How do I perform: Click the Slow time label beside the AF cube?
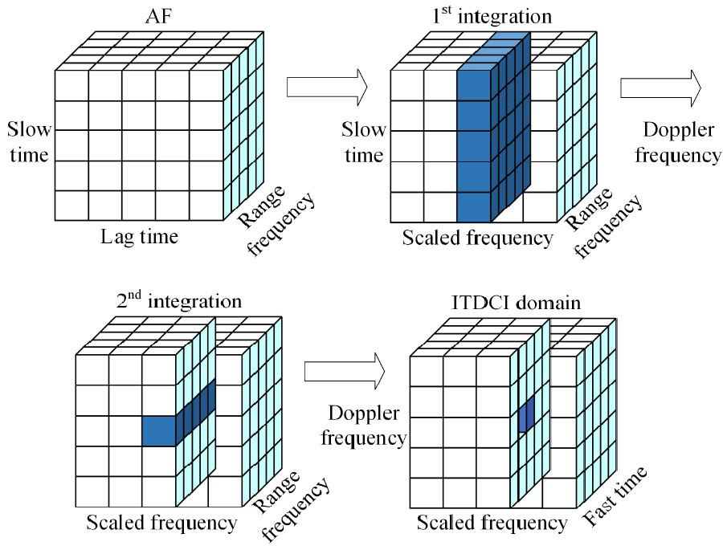30,141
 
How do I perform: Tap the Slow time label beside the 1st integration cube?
364,141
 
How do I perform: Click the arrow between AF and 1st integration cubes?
326,84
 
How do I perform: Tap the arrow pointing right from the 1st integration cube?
661,87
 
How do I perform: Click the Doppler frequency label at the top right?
678,143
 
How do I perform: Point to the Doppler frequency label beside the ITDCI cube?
367,426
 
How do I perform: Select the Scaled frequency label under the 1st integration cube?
478,238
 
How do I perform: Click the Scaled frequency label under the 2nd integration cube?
161,524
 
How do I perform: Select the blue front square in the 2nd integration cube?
158,431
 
